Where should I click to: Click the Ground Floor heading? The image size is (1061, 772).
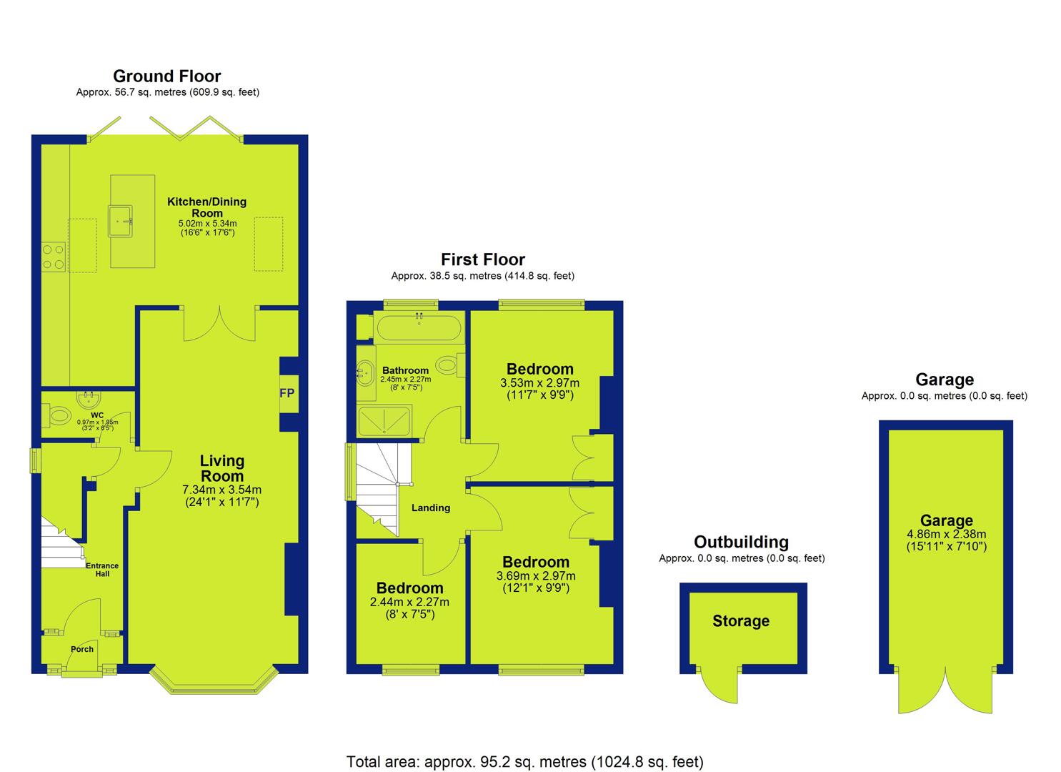point(166,76)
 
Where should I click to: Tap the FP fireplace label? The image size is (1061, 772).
point(287,393)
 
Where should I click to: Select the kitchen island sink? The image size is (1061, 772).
point(120,221)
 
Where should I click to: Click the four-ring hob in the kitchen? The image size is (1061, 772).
point(53,257)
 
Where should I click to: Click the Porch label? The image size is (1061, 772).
point(82,649)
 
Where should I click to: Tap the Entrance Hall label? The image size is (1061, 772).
point(102,570)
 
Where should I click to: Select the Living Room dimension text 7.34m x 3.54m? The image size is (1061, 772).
point(221,490)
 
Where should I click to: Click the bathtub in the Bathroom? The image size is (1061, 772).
point(418,327)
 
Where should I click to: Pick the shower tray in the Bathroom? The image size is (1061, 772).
point(384,421)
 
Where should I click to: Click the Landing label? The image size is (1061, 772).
point(431,508)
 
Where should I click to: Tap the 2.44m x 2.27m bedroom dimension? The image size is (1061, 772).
point(409,603)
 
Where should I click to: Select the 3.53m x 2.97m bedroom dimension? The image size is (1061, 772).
point(539,382)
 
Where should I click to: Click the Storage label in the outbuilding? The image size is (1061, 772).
point(741,621)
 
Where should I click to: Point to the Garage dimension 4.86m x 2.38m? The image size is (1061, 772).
point(947,534)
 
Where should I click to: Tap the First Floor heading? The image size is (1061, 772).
point(483,259)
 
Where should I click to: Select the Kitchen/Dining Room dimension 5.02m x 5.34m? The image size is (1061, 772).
point(207,224)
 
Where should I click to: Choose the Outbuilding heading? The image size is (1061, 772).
point(742,542)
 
